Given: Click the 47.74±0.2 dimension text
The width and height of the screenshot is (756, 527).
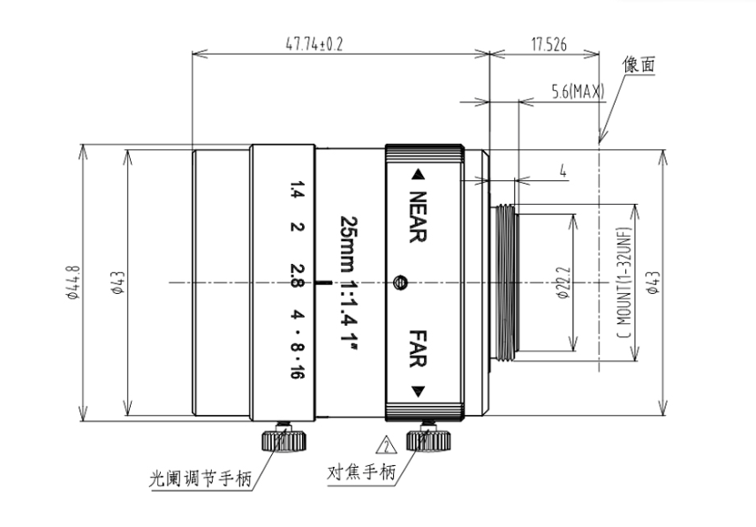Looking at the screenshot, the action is coord(314,45).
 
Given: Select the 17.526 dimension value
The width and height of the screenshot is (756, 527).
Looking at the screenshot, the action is coord(548,45).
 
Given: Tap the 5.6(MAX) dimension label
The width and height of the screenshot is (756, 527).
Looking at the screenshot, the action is coord(578,91).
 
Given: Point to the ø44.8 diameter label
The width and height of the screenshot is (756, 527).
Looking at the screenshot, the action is coord(72,282).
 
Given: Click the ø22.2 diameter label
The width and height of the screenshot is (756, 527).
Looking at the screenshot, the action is coord(563,282).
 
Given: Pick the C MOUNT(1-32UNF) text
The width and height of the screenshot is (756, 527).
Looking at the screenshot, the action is coord(624,282).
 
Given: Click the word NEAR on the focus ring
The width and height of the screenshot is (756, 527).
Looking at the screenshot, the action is coord(418,217).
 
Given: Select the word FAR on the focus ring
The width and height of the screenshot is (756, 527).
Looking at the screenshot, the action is coord(418,349).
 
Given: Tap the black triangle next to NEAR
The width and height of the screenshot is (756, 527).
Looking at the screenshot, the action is coord(418,175).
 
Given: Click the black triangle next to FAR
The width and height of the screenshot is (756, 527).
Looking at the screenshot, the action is coord(418,391).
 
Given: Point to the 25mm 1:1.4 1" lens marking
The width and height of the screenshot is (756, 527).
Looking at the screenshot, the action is coord(348,279).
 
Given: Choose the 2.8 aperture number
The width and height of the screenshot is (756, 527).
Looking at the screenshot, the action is coord(297,275).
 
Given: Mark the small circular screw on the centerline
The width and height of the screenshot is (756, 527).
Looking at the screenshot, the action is coord(400,282).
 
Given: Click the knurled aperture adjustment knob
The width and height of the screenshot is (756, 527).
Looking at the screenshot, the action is coord(284,440).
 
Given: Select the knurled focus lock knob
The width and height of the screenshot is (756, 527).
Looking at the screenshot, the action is coord(428,440).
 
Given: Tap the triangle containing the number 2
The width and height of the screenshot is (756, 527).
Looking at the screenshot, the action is coord(387,446).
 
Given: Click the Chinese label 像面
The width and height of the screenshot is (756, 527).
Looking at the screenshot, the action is coord(639,64).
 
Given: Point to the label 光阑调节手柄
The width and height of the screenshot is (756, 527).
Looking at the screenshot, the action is coord(200,479).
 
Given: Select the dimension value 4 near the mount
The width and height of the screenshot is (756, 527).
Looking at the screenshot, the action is coord(563,170).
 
